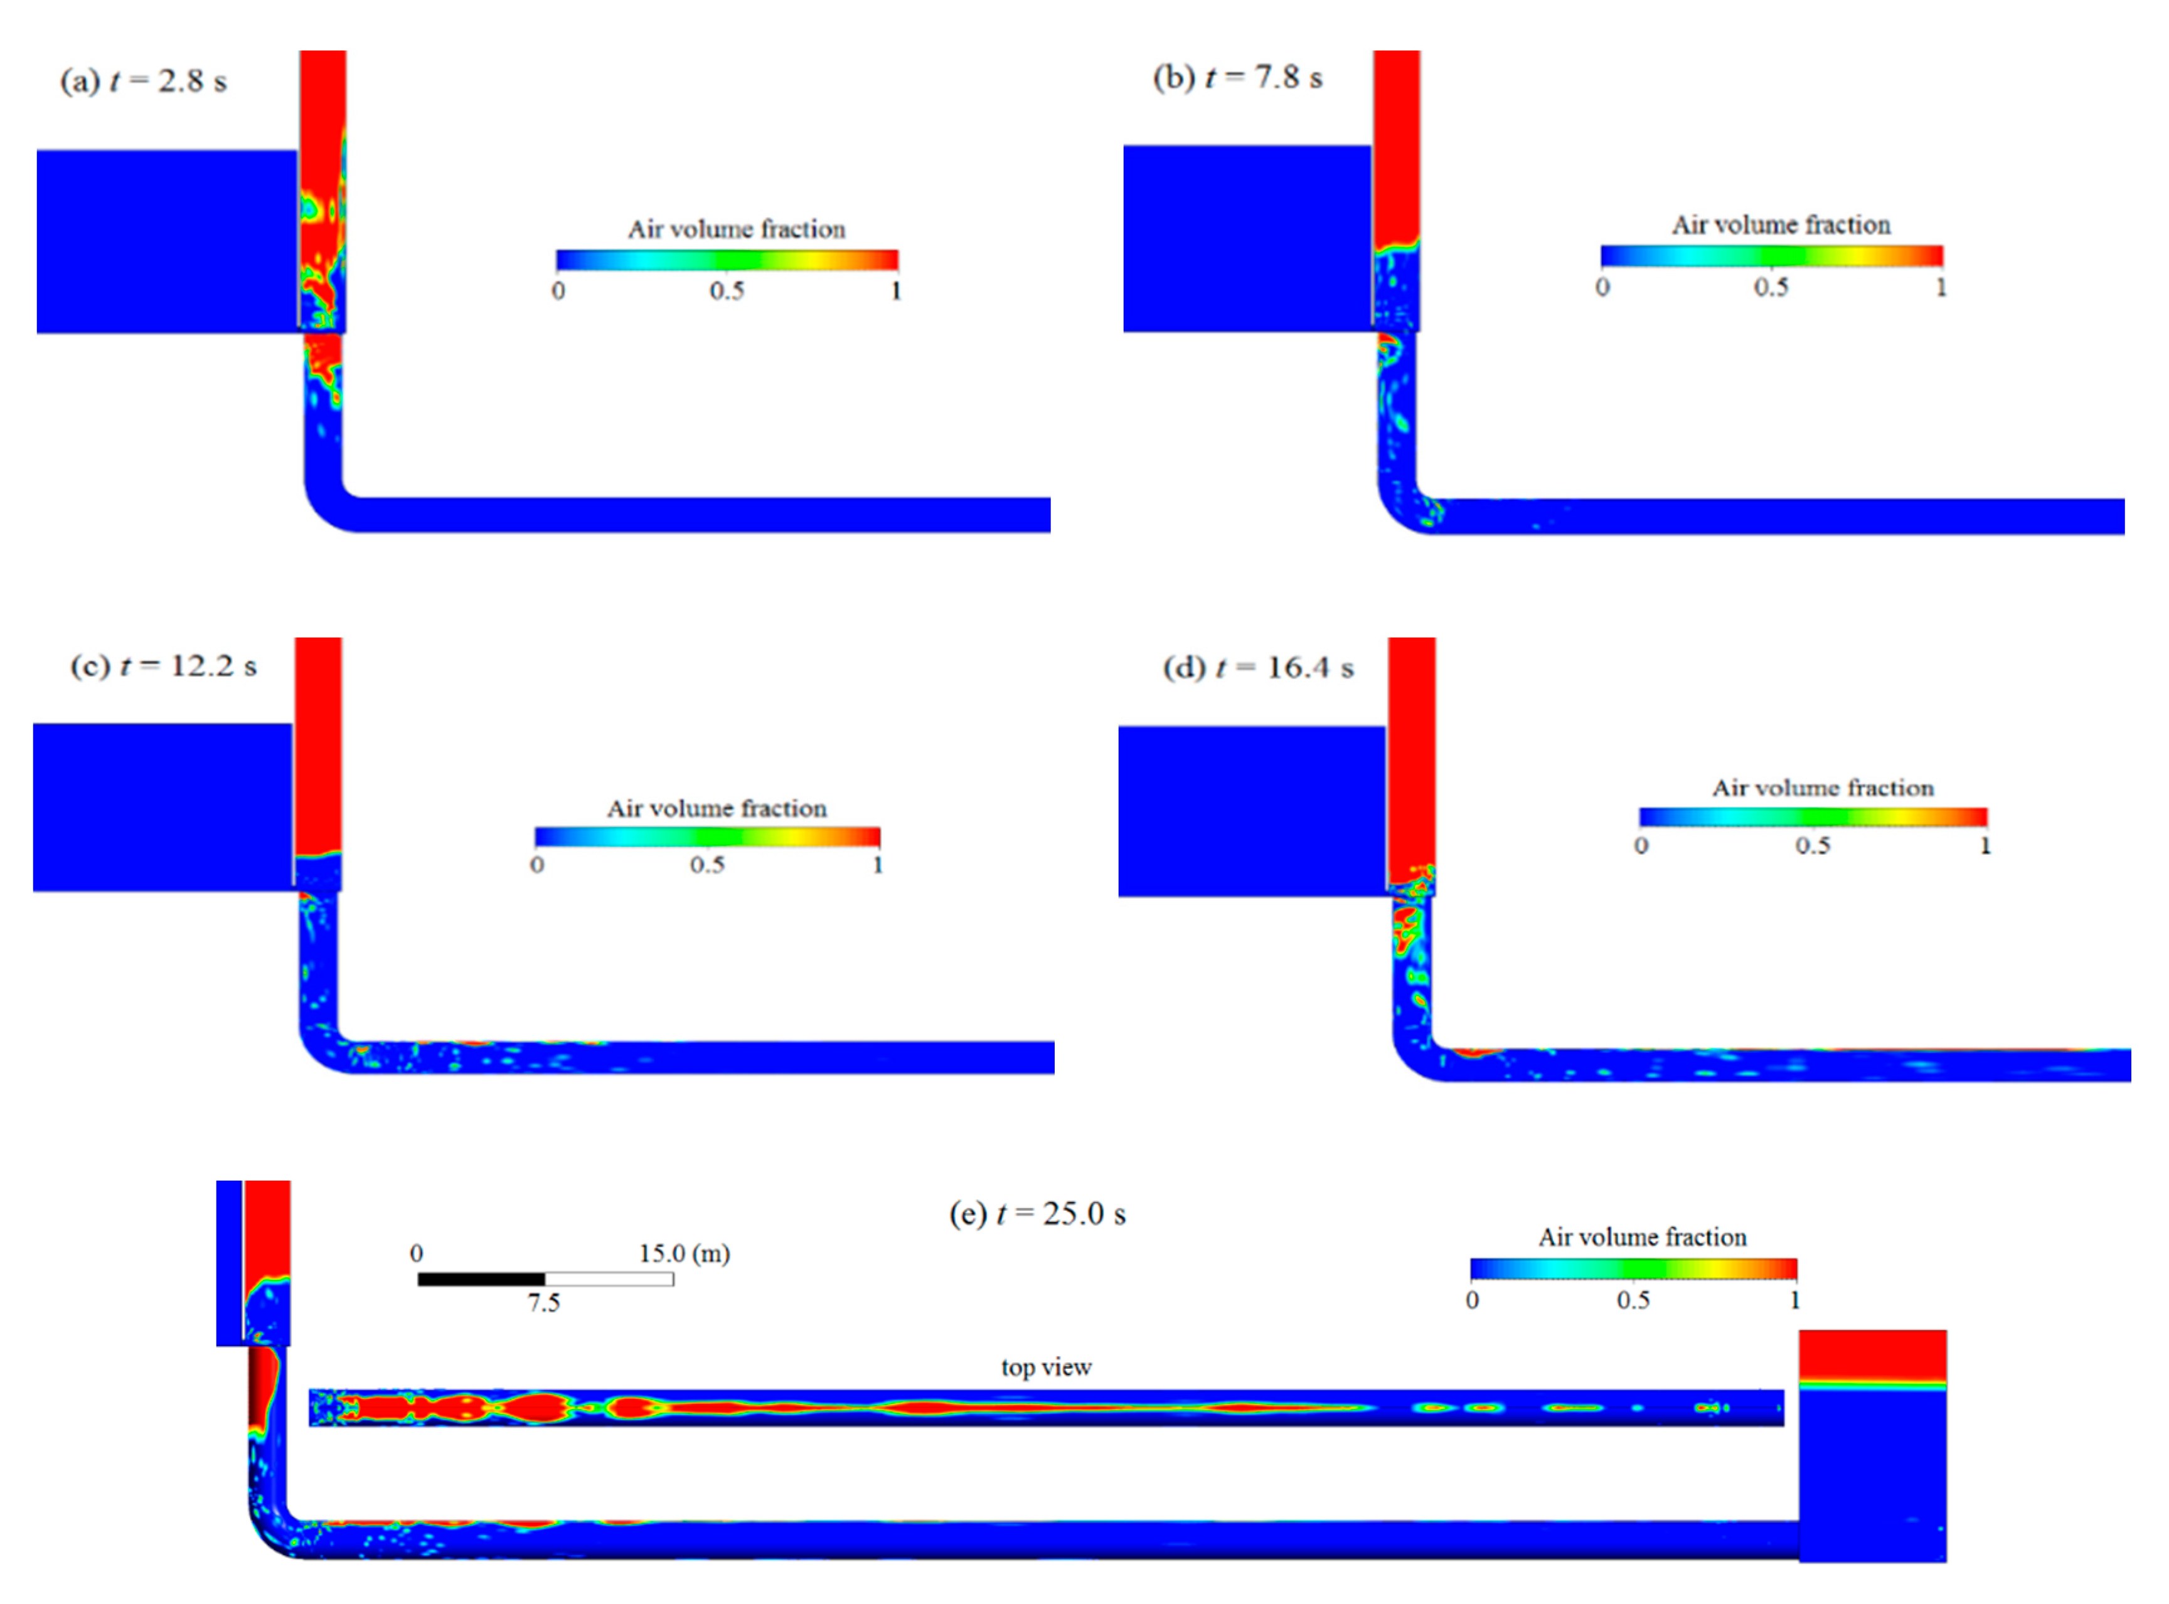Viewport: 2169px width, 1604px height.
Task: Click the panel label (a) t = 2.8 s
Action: click(x=143, y=81)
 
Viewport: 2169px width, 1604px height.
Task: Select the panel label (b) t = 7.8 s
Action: click(x=1237, y=78)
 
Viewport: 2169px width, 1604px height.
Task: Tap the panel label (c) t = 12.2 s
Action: click(x=163, y=666)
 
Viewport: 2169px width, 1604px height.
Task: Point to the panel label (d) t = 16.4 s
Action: click(x=1258, y=668)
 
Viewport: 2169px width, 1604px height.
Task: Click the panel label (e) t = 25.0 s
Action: click(x=1037, y=1214)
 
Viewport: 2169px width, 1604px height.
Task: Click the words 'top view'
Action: click(x=1046, y=1367)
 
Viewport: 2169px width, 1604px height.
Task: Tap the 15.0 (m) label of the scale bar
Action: click(x=684, y=1253)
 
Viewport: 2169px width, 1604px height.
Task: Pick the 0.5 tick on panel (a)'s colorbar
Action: click(x=727, y=290)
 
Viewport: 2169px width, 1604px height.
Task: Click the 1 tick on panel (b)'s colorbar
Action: click(x=1940, y=287)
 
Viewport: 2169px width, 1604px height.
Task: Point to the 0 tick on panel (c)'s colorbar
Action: click(x=537, y=864)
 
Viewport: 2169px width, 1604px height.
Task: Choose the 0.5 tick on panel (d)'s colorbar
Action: click(x=1813, y=846)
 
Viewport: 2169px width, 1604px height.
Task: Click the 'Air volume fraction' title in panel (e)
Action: click(x=1641, y=1237)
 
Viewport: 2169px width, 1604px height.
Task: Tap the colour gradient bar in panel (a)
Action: click(x=727, y=259)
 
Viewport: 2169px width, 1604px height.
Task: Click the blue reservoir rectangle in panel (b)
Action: click(x=1246, y=239)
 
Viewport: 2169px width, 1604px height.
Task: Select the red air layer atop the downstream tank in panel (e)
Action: click(x=1872, y=1354)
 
